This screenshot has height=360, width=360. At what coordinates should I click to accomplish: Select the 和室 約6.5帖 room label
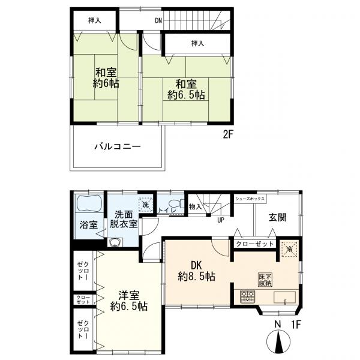[x=185, y=89]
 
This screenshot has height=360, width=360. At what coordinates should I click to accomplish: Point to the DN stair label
[x=158, y=21]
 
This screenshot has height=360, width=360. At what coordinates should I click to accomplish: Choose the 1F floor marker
[x=295, y=324]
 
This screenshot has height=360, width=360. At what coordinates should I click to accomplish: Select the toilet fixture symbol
[x=174, y=203]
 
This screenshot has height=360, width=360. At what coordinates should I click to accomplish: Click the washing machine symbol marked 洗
[x=145, y=203]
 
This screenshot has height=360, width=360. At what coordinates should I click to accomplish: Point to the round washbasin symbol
[x=114, y=243]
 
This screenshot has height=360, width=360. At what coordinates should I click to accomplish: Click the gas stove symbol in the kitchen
[x=247, y=296]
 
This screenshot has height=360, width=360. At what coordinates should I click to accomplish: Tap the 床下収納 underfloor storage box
[x=265, y=278]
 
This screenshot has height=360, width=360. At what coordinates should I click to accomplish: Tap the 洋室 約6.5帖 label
[x=129, y=301]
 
